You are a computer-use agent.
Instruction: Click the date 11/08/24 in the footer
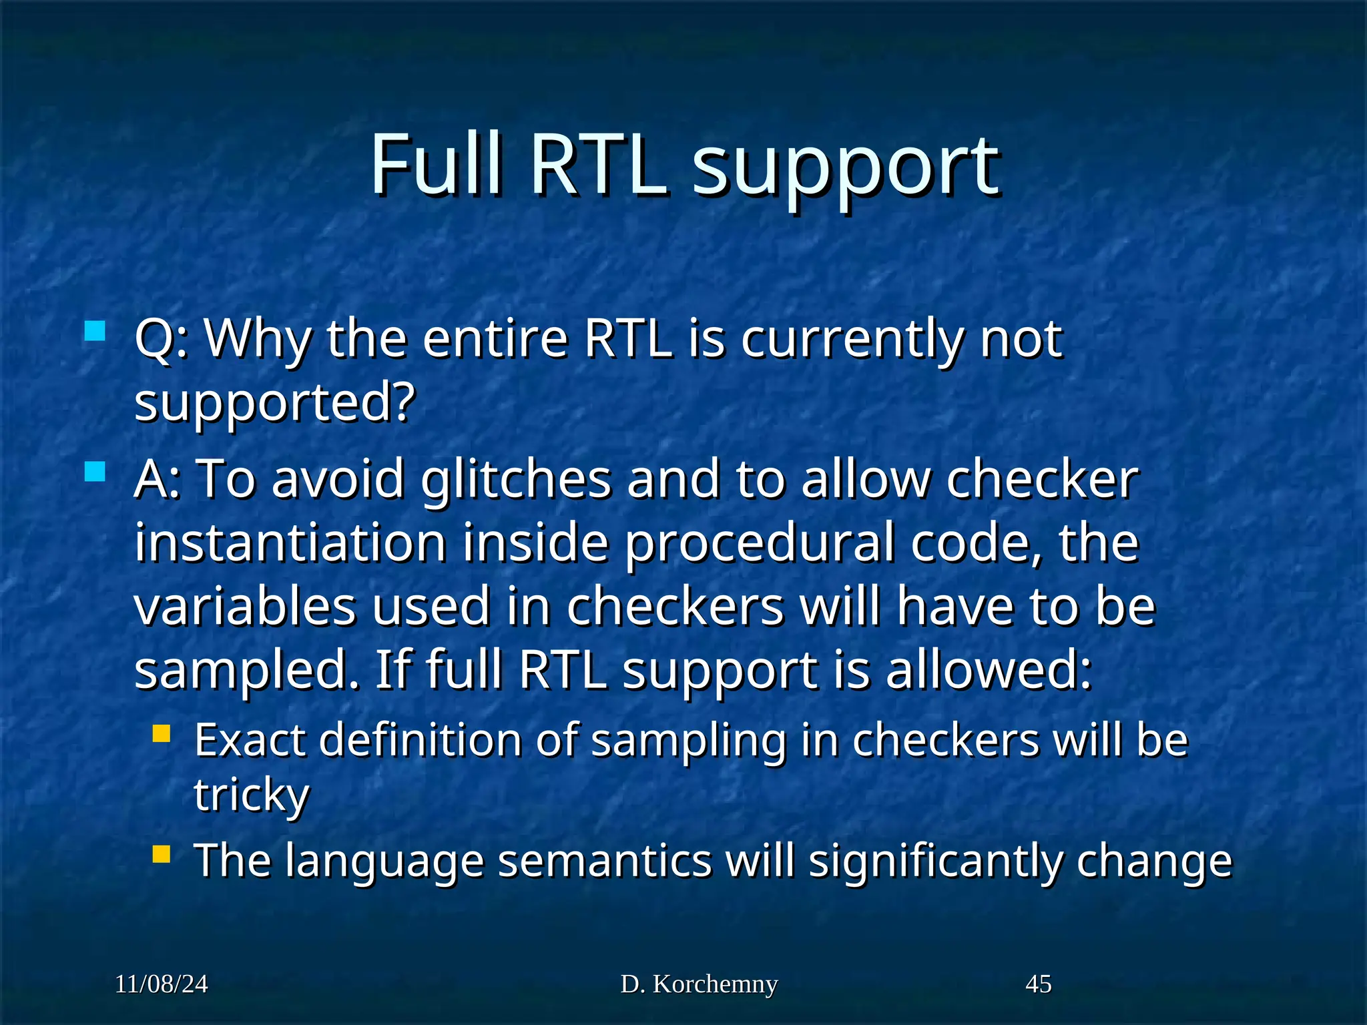pos(161,984)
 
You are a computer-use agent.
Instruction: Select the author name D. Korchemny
pos(699,984)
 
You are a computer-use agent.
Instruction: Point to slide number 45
pos(1038,984)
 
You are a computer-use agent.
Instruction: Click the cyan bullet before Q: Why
pos(95,331)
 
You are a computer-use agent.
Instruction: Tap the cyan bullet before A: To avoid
pos(95,472)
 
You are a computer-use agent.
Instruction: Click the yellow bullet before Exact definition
pos(161,734)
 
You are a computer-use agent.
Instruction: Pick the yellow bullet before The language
pos(161,854)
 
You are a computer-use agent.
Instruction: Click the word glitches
pos(515,480)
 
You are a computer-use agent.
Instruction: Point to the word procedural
pos(759,544)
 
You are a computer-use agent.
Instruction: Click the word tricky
pos(252,795)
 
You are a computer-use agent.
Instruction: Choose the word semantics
pos(604,860)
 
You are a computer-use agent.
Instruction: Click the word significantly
pos(934,862)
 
